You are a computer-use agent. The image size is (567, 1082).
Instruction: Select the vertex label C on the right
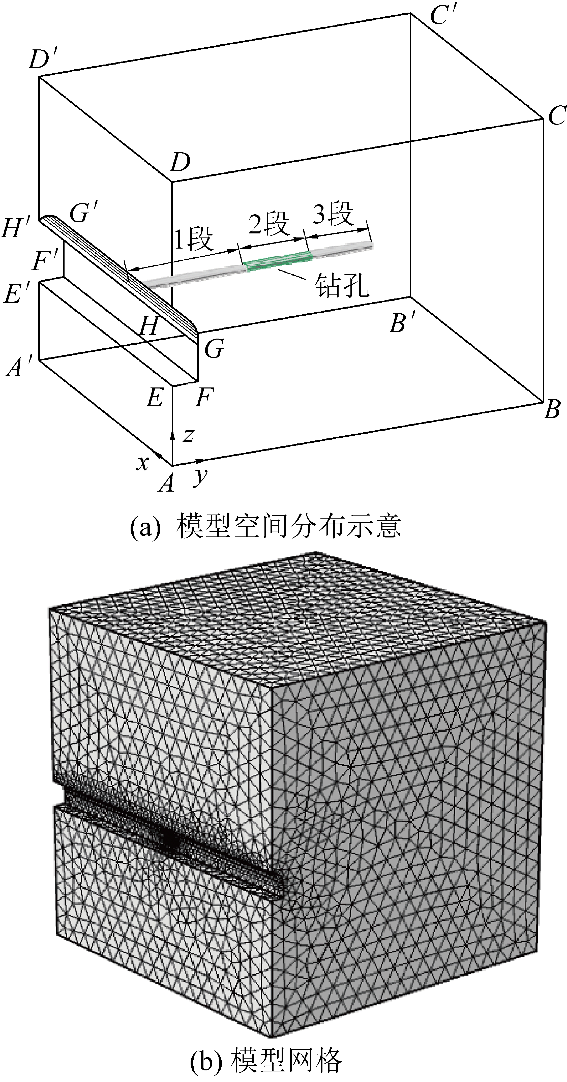556,115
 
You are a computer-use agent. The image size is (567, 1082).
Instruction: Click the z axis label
188,436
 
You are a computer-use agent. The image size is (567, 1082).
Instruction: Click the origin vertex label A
167,484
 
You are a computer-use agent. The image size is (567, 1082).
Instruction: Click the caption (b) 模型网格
266,1061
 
